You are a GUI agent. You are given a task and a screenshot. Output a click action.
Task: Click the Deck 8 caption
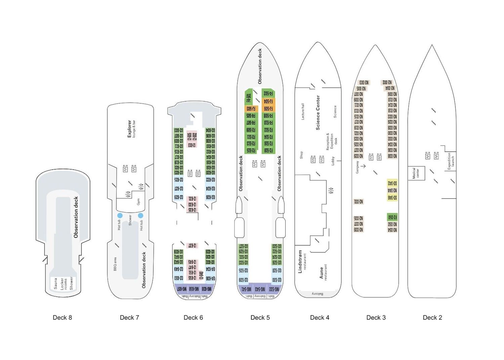(62, 318)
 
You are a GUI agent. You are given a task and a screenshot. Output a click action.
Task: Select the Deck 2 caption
(432, 318)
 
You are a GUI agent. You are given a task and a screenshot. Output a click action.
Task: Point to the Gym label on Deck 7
(138, 202)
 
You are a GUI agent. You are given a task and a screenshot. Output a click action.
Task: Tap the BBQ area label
(115, 264)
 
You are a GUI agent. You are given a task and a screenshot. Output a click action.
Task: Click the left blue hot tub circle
(120, 215)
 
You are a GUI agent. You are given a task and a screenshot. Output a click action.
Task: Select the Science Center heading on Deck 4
(318, 113)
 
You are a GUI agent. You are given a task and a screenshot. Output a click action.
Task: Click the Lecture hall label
(303, 112)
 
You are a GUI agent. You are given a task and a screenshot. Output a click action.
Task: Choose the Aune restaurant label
(323, 272)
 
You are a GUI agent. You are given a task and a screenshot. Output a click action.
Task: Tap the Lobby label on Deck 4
(333, 161)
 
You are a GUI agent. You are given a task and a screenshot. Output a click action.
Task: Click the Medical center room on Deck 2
(416, 173)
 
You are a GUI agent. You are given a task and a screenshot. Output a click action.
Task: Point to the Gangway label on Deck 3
(358, 167)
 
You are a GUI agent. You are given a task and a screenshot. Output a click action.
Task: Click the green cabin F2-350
(392, 217)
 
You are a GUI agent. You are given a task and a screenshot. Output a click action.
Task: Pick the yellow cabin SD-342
(392, 183)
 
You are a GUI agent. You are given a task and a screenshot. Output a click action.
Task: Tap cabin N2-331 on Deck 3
(359, 202)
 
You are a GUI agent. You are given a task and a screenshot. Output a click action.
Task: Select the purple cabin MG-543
(260, 289)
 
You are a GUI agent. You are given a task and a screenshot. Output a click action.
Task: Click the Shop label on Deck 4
(301, 155)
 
